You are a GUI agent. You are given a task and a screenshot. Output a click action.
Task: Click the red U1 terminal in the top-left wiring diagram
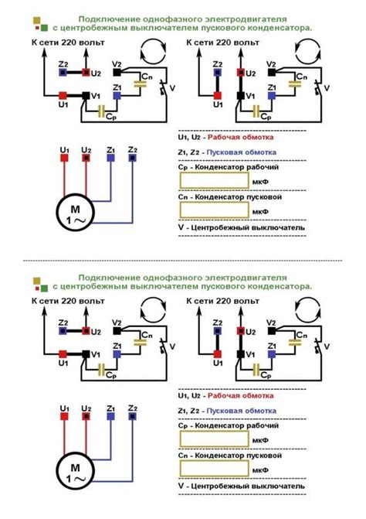tap(63, 96)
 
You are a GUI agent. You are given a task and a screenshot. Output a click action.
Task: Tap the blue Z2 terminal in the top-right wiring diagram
tap(217, 72)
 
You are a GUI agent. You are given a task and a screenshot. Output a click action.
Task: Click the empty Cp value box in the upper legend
tap(214, 181)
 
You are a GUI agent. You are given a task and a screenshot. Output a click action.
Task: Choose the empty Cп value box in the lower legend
tap(214, 469)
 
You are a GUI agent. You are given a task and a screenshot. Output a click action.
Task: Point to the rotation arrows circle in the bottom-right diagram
tap(307, 309)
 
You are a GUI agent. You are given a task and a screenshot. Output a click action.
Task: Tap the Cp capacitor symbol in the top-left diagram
tap(102, 111)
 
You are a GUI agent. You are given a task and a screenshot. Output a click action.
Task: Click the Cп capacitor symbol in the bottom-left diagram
tap(140, 342)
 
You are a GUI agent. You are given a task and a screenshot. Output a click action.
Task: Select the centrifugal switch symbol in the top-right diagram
tap(318, 87)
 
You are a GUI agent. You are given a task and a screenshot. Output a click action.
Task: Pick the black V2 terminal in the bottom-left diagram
tap(117, 331)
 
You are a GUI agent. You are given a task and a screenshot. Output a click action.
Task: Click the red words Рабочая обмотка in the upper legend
tap(240, 137)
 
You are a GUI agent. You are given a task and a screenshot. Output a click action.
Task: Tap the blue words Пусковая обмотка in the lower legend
tap(241, 411)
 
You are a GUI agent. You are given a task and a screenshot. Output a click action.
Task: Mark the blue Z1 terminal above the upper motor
tap(110, 158)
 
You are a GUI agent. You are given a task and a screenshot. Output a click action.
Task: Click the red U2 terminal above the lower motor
tap(86, 416)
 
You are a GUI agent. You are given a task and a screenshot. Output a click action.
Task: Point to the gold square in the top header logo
tap(36, 20)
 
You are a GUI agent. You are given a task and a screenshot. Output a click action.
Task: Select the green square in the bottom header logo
tap(44, 288)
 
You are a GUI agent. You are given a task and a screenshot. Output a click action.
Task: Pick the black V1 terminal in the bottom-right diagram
tap(240, 354)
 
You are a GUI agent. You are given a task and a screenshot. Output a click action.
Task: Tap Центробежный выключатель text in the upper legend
tap(248, 228)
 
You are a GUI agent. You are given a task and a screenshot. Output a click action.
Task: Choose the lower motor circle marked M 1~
tap(76, 472)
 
